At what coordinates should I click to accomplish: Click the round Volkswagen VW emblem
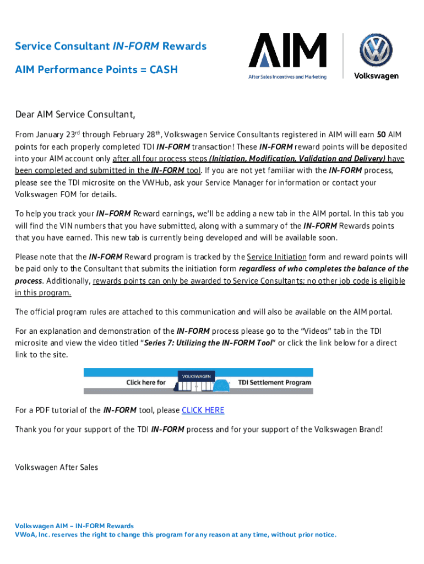click(x=376, y=51)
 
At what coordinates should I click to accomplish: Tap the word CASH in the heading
click(x=162, y=70)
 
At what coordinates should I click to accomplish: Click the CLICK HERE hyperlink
click(x=203, y=410)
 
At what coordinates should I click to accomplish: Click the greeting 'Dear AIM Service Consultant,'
click(x=75, y=115)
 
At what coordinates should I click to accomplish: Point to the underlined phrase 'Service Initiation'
click(x=276, y=257)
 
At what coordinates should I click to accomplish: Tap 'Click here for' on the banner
click(x=146, y=382)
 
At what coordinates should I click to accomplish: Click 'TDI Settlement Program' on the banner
click(x=274, y=382)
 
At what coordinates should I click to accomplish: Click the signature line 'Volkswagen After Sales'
click(x=56, y=468)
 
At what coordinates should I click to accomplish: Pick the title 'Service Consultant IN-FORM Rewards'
click(x=111, y=46)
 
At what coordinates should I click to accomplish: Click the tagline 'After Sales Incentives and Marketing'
click(x=286, y=77)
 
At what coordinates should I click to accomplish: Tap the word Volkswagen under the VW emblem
click(x=376, y=76)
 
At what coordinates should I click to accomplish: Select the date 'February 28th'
click(x=136, y=135)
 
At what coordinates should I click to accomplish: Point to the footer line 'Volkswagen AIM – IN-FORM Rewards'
click(x=74, y=526)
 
